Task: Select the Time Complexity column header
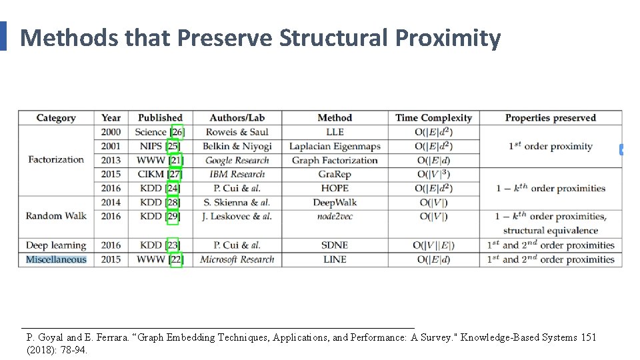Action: [433, 118]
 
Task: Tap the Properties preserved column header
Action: [550, 118]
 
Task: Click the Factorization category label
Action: [56, 159]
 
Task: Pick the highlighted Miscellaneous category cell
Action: [56, 259]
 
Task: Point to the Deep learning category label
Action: [56, 245]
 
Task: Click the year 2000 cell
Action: [111, 132]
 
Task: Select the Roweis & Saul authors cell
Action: [237, 132]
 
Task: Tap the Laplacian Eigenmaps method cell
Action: [335, 146]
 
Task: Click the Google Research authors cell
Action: [237, 160]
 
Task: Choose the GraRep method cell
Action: [335, 174]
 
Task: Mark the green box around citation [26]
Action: [177, 132]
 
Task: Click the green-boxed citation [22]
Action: [176, 259]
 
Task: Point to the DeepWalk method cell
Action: [335, 202]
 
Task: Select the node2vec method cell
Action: [335, 216]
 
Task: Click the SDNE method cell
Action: [335, 245]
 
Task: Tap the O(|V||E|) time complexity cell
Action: [433, 245]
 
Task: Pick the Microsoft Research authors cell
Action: [237, 259]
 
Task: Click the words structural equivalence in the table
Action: [551, 231]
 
